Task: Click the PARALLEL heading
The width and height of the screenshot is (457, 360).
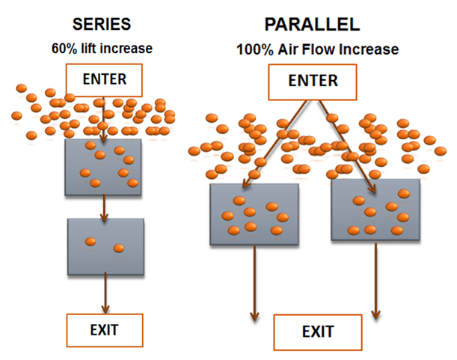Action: (x=312, y=25)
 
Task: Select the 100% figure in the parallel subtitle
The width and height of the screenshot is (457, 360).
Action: (x=250, y=51)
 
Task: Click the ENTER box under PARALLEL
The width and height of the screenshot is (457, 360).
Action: (x=313, y=80)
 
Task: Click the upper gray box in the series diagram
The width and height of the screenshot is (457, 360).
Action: (x=104, y=165)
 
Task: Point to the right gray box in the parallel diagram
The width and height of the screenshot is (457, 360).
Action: (x=375, y=210)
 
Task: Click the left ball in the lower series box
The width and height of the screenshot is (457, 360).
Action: (x=91, y=241)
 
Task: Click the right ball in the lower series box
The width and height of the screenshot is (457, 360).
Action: (x=118, y=248)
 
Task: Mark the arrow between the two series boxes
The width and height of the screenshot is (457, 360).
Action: (x=104, y=207)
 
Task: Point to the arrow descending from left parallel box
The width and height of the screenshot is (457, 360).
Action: (x=255, y=284)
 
